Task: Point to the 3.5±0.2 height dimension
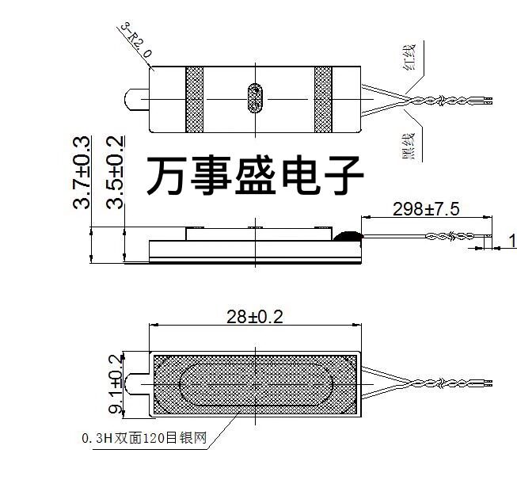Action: (x=116, y=172)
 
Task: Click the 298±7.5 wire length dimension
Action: (x=426, y=209)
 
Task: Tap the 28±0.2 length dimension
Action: (x=255, y=317)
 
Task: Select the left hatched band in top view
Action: (x=195, y=98)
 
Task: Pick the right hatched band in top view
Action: (x=323, y=98)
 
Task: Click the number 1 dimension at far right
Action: (x=511, y=239)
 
